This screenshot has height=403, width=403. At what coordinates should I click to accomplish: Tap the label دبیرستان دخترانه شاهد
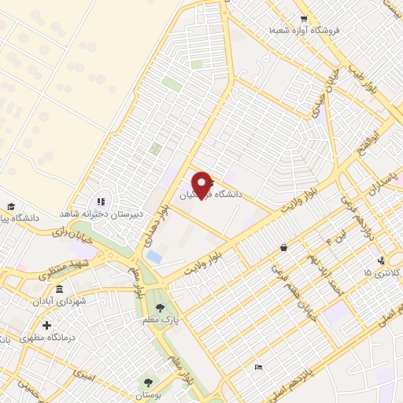pos(98,213)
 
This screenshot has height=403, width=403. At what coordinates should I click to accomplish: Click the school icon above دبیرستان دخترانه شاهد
pos(101,201)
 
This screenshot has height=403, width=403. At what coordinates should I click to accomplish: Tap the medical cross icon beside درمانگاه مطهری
pos(46,325)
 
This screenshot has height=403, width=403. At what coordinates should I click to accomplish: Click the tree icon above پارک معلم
pos(161,308)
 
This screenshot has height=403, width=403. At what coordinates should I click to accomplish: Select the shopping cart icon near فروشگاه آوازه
pos(303,18)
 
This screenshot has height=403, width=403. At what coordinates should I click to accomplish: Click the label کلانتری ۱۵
pos(383,272)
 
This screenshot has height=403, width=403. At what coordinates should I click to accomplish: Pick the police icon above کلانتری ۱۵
pos(383,261)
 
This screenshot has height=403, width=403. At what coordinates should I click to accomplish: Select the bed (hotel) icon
pos(259,368)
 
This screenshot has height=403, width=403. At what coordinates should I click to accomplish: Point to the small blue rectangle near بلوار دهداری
pos(154,257)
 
